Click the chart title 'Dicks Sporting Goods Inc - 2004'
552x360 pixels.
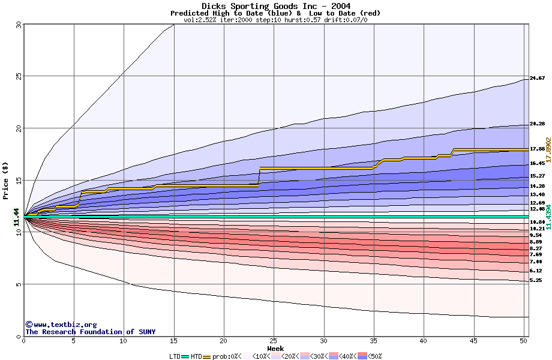[x=275, y=6]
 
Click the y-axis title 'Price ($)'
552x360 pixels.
[x=5, y=181]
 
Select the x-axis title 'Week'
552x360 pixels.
[x=275, y=348]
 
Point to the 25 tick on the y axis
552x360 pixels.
[x=19, y=76]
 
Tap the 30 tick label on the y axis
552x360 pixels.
[x=19, y=25]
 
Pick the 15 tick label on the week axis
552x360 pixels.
[x=173, y=341]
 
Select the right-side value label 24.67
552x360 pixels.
[x=537, y=78]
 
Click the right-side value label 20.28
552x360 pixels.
[x=537, y=124]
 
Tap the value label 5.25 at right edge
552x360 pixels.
[x=536, y=280]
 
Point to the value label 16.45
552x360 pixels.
[x=537, y=163]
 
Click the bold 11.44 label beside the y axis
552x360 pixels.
[x=17, y=217]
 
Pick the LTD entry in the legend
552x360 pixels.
[x=175, y=356]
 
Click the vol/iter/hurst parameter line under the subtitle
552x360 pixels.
[x=275, y=20]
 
